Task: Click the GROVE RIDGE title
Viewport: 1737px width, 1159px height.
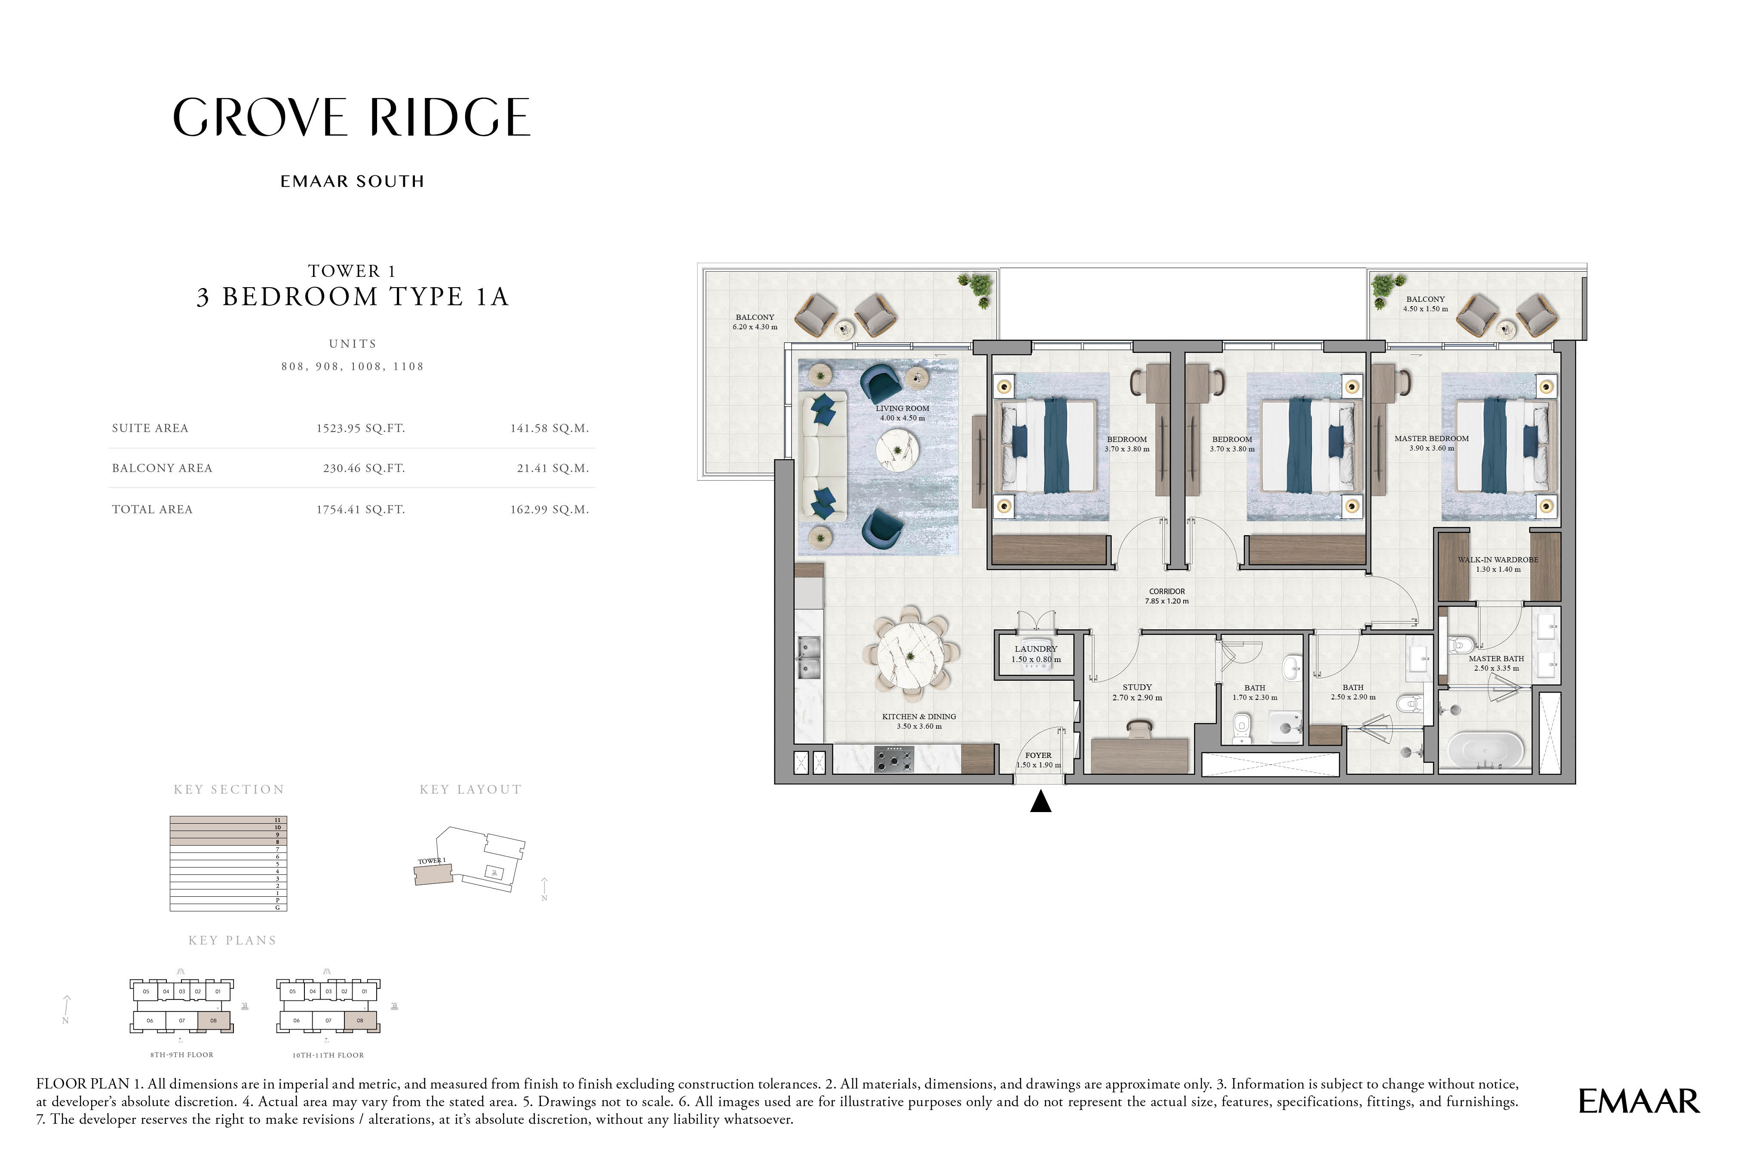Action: tap(352, 117)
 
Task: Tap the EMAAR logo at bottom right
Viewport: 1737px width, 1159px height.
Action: tap(1639, 1101)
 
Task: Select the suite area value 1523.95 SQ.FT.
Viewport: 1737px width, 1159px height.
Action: tap(361, 429)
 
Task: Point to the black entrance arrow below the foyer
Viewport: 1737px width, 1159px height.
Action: tap(1041, 801)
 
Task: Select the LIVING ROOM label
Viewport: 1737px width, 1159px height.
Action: tap(902, 408)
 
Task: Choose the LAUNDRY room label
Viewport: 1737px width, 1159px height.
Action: tap(1036, 649)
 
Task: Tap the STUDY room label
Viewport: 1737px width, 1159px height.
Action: tap(1138, 687)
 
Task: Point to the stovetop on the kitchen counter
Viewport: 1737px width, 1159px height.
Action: tap(893, 759)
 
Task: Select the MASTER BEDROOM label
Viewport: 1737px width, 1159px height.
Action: tap(1432, 438)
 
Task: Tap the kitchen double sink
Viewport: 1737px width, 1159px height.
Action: tap(809, 657)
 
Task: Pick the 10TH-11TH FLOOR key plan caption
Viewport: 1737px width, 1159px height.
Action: tap(328, 1055)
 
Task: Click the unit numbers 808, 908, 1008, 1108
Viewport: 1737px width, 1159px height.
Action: tap(353, 367)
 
